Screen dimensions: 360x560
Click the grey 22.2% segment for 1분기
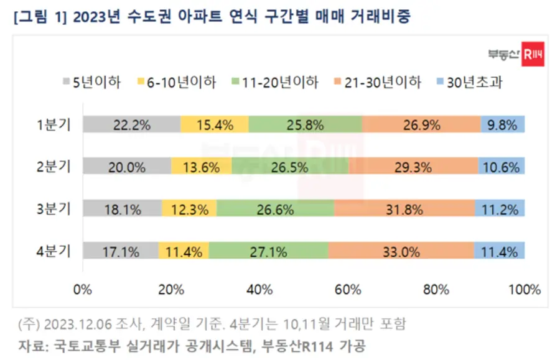132,124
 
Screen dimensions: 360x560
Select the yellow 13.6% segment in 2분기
202,167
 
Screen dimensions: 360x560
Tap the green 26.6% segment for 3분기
275,209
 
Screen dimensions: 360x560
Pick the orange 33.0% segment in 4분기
401,251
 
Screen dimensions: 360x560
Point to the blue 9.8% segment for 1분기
503,124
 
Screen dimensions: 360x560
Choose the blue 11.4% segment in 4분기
500,251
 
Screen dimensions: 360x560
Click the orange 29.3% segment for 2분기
413,167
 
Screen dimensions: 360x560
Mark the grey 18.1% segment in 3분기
122,209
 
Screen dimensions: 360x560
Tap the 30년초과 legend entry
470,82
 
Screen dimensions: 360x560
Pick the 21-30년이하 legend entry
376,82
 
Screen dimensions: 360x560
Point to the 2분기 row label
54,167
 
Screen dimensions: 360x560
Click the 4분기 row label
54,251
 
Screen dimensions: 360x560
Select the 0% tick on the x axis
83,289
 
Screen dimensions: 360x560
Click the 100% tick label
524,289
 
